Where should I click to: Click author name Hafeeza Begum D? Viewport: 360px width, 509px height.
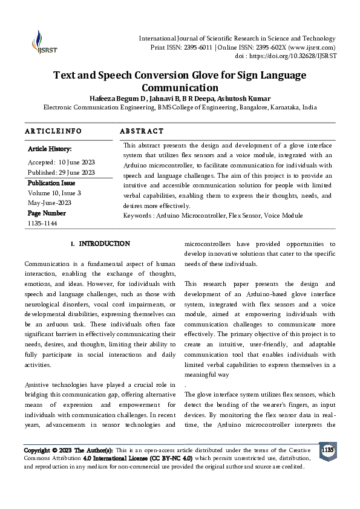(119, 99)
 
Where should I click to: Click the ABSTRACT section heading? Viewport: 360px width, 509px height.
(142, 131)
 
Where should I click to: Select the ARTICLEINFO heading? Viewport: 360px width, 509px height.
(53, 131)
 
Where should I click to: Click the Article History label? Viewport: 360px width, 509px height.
(50, 149)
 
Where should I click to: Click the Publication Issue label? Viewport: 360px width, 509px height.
(51, 183)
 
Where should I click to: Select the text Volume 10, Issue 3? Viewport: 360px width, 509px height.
(54, 193)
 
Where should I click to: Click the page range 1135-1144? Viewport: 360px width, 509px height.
(42, 223)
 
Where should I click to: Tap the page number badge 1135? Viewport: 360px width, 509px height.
(327, 451)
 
